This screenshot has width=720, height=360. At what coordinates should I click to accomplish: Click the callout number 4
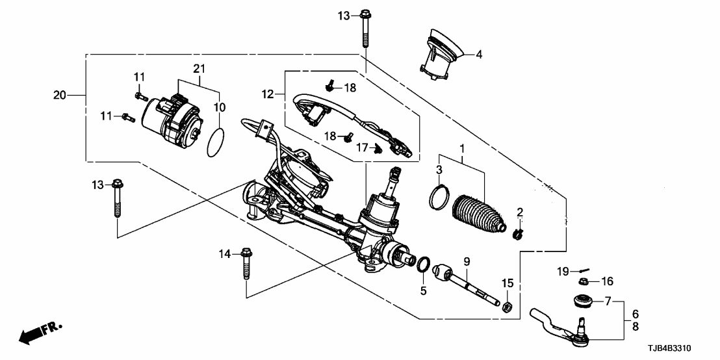click(479, 55)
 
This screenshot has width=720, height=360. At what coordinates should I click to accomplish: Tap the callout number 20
click(60, 96)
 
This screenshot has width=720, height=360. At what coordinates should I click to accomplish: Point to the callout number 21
click(199, 68)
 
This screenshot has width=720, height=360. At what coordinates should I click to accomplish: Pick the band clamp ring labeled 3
click(440, 197)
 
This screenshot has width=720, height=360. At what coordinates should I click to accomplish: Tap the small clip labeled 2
click(519, 231)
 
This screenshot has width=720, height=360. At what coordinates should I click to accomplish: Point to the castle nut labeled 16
click(584, 282)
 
